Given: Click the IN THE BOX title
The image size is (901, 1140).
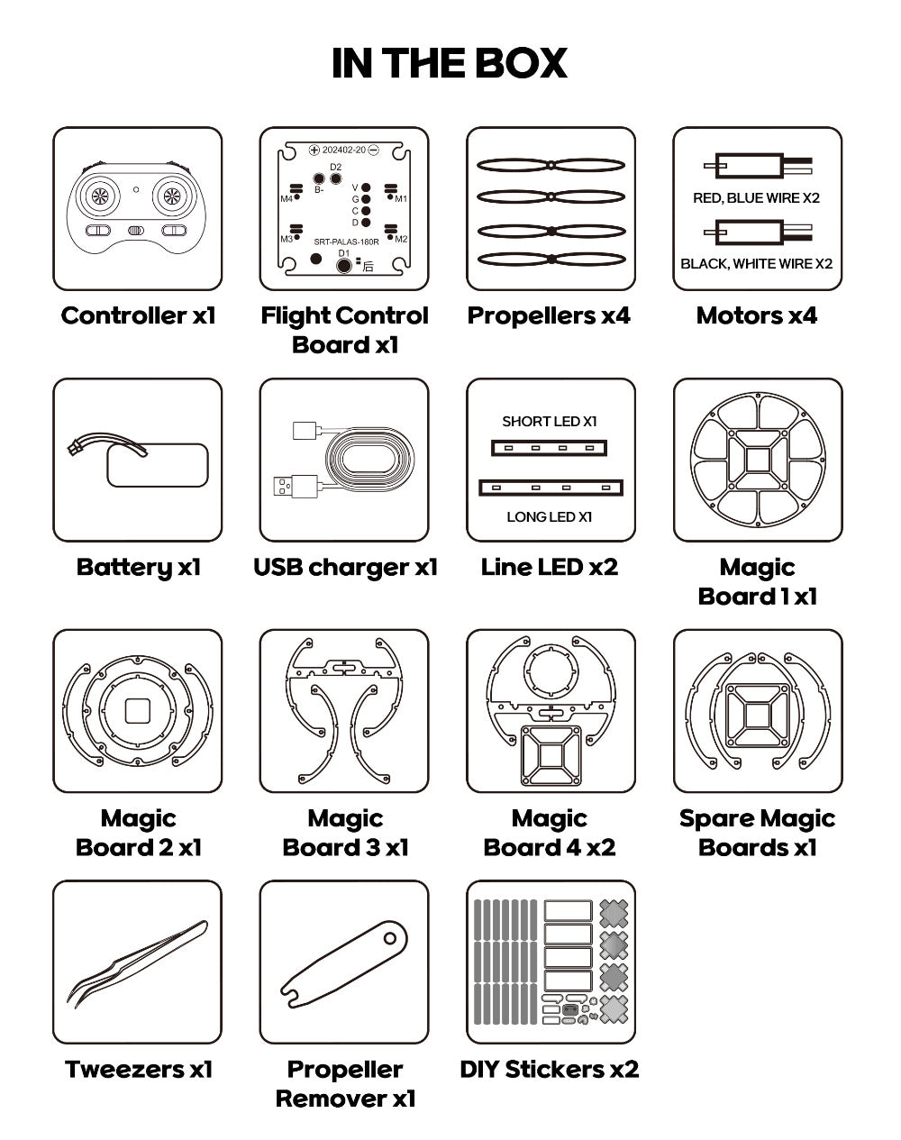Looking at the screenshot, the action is click(450, 63).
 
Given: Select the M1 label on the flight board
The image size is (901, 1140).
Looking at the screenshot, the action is click(401, 199).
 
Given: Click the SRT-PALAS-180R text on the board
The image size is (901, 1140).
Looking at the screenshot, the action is click(346, 242).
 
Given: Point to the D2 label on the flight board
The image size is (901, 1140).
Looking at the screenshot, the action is click(336, 167).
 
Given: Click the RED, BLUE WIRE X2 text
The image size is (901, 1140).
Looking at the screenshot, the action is click(757, 198).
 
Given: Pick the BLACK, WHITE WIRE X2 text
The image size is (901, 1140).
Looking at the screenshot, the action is click(757, 264).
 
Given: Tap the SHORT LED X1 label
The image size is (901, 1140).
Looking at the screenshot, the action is click(550, 422).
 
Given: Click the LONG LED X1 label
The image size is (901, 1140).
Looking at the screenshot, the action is click(550, 517).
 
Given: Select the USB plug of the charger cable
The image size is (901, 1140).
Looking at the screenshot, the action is click(296, 487).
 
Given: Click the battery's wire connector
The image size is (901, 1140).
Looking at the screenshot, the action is click(74, 449).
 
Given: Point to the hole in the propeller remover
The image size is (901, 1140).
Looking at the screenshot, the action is click(390, 939).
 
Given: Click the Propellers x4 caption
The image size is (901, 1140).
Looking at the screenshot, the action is click(549, 315).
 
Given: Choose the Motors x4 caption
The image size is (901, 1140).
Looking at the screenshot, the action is click(757, 315).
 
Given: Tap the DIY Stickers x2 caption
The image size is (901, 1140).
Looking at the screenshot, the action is click(550, 1070).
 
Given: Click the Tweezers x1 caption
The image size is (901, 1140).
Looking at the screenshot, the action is click(138, 1070).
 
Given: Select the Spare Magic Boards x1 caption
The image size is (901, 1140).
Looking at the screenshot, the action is click(758, 833).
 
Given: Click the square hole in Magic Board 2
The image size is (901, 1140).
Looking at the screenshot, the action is click(138, 711).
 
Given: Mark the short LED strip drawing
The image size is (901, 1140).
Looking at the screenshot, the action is click(549, 448).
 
